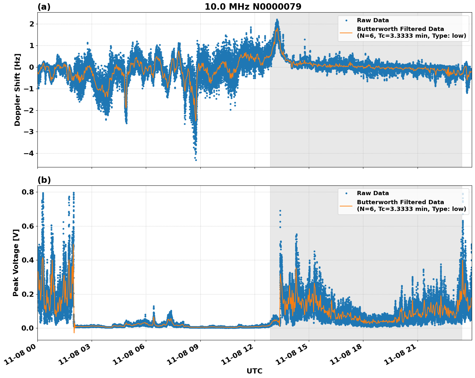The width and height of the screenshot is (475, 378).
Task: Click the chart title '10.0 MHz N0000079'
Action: [253, 7]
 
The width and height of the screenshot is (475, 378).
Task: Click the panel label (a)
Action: [44, 7]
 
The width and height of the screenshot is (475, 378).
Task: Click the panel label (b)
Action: [44, 180]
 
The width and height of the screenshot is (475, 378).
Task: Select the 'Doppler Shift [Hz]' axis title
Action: [17, 90]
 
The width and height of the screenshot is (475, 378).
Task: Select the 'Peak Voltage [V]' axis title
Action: [16, 263]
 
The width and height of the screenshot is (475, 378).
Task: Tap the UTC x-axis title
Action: [254, 371]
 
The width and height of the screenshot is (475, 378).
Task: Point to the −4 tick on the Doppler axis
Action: [28, 153]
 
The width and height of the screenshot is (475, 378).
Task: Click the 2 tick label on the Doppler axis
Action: [32, 24]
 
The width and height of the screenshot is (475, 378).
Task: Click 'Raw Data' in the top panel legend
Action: [373, 20]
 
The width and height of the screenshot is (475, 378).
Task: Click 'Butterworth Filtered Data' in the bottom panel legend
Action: [400, 202]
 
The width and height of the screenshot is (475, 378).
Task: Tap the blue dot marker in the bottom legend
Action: [346, 193]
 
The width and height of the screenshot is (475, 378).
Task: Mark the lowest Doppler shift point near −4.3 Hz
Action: [196, 160]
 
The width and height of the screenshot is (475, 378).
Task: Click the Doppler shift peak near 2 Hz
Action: [277, 20]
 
